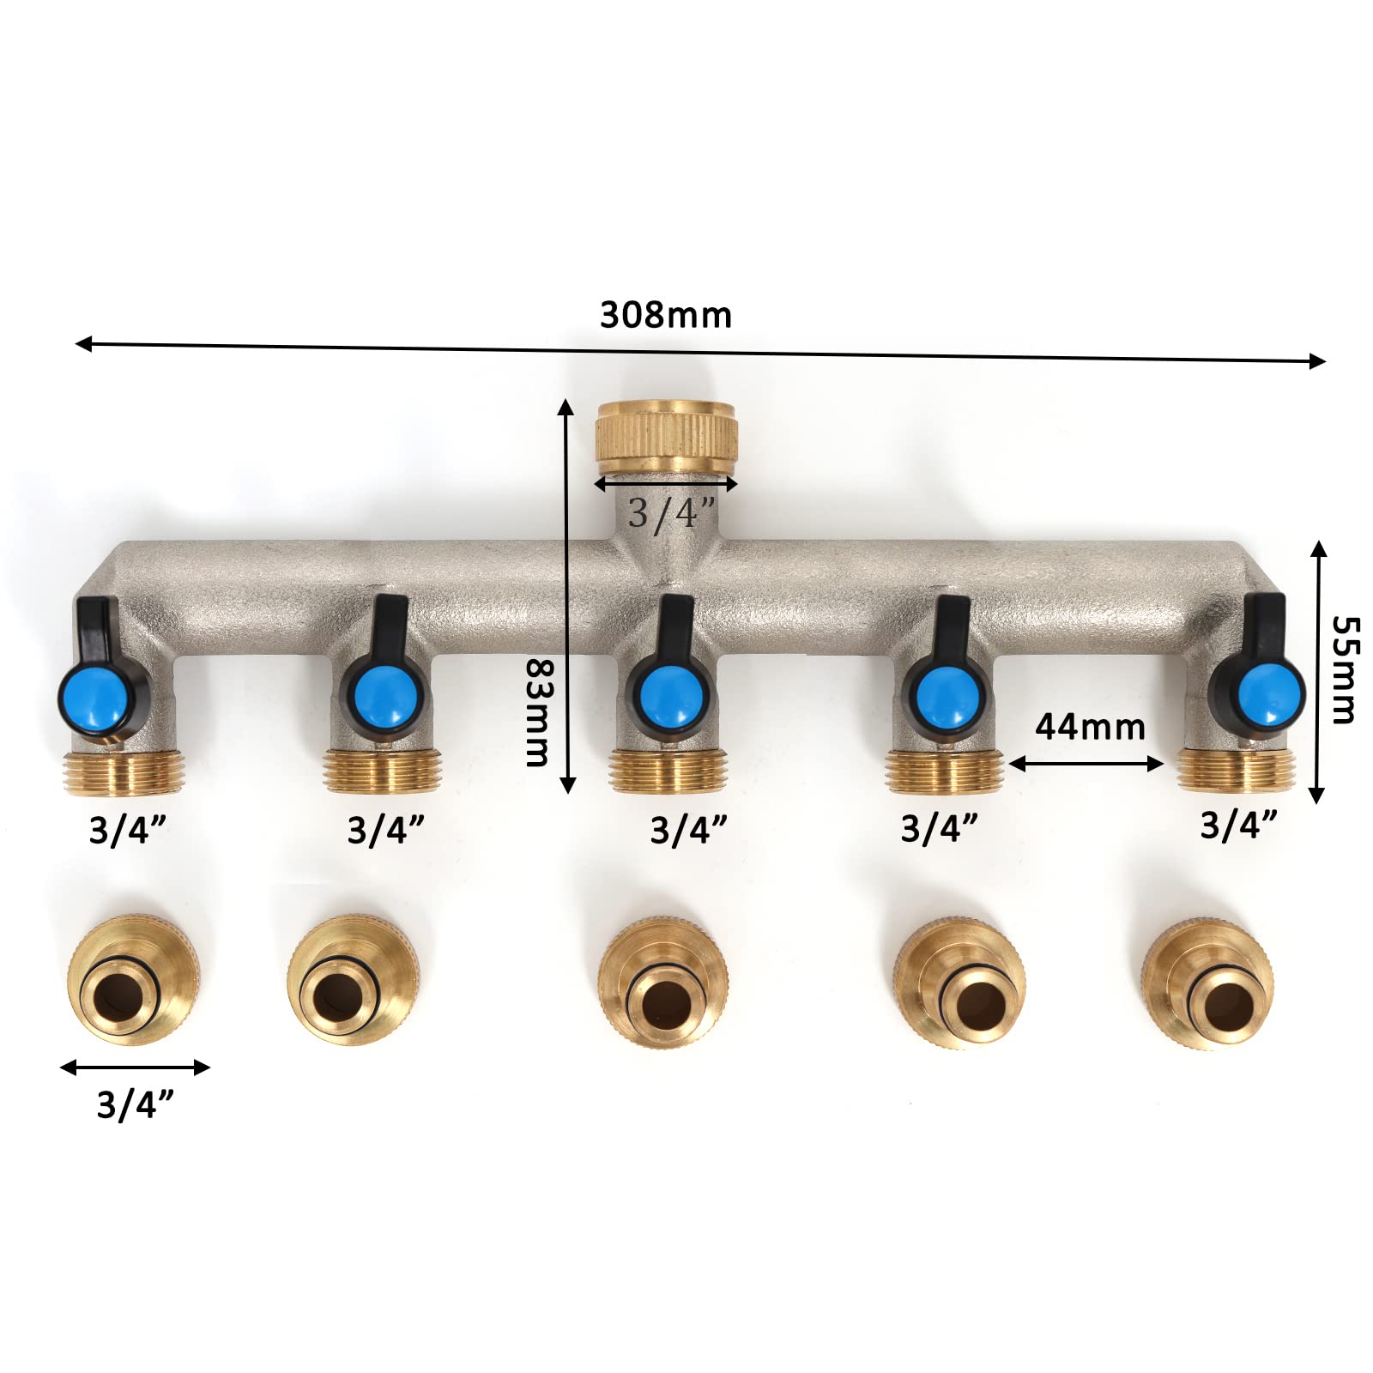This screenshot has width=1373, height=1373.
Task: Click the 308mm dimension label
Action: (x=665, y=315)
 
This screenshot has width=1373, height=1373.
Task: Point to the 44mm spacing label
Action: (x=1090, y=727)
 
